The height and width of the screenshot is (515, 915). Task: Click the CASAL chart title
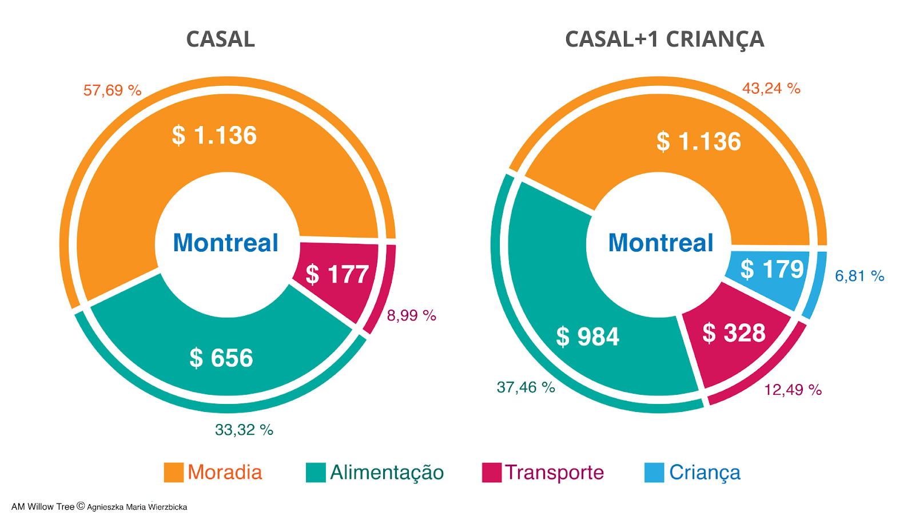click(x=220, y=39)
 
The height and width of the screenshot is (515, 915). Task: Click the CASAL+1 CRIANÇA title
click(x=664, y=39)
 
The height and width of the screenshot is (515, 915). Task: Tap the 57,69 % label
click(x=112, y=90)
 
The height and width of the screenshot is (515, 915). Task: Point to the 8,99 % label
click(x=411, y=315)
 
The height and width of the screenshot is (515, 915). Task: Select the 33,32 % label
click(x=244, y=430)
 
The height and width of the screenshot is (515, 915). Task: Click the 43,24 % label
click(x=771, y=89)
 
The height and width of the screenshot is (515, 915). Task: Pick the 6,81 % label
click(x=859, y=276)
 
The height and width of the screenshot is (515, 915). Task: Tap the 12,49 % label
click(x=793, y=390)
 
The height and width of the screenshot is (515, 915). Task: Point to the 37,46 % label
click(x=526, y=387)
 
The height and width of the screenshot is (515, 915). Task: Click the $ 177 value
click(x=337, y=275)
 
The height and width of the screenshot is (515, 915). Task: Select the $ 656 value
click(x=221, y=358)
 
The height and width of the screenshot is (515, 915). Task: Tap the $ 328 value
click(x=734, y=333)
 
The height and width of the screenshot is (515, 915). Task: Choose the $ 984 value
click(x=587, y=336)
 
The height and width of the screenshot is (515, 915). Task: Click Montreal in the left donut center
click(x=225, y=243)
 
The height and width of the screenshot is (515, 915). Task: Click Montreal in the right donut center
click(x=661, y=243)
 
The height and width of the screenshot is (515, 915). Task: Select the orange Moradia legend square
click(x=173, y=473)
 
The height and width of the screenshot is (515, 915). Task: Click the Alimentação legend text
click(x=387, y=473)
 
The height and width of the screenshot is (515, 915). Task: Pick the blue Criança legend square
click(x=654, y=473)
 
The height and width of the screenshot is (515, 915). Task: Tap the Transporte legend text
click(x=554, y=473)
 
